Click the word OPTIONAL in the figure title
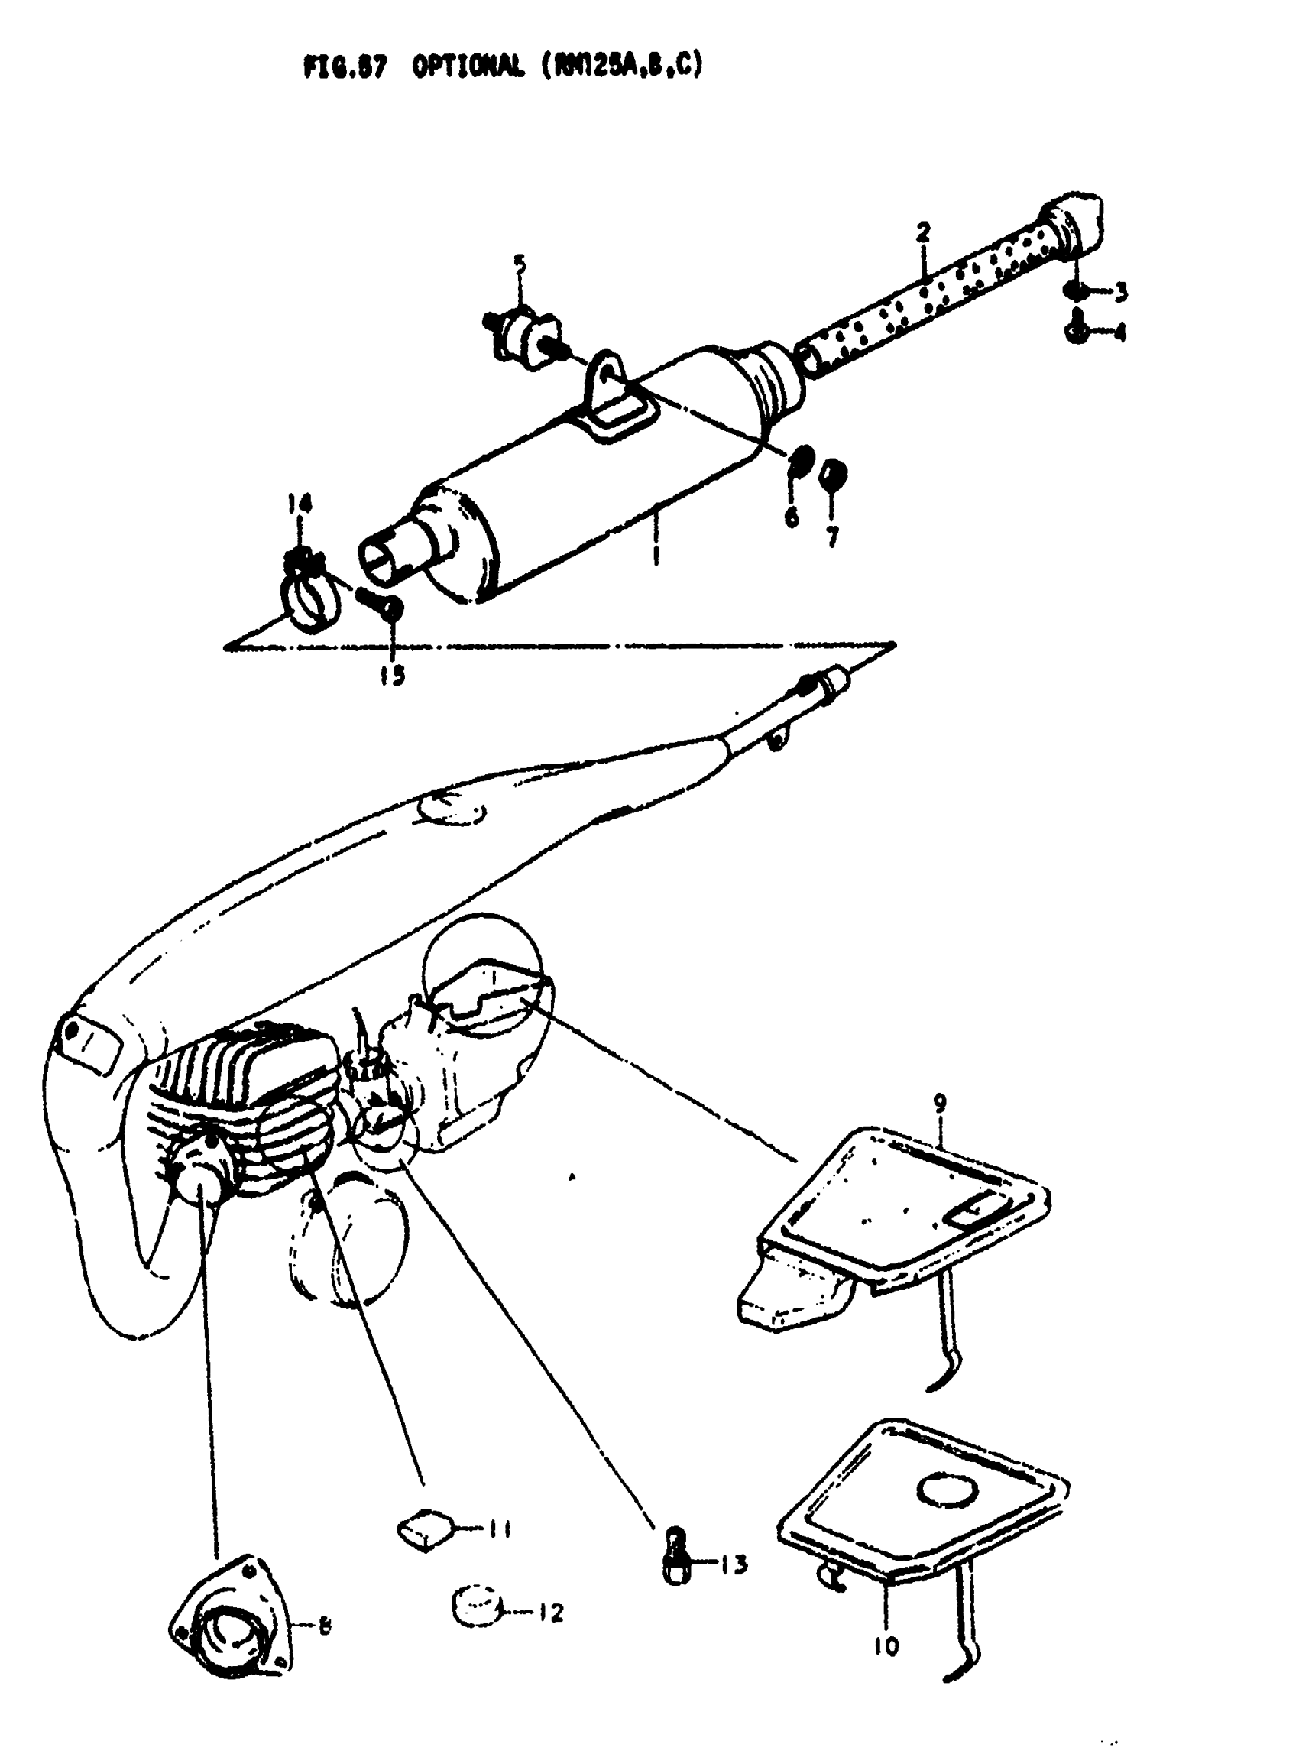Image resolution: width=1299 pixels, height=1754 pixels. pos(467,69)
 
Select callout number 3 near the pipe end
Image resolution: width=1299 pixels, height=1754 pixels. pos(1120,293)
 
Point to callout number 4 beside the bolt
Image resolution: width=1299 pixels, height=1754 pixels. pos(1119,333)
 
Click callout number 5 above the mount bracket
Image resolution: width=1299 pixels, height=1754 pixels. pos(520,264)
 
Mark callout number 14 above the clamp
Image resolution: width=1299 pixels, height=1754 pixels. pos(299,503)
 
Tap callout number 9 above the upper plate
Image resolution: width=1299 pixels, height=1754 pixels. pos(940,1104)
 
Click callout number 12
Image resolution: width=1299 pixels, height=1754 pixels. pos(550,1613)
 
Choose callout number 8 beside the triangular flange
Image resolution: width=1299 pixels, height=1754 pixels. pos(323,1624)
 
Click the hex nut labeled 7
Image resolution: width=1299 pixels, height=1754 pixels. pos(832,475)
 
